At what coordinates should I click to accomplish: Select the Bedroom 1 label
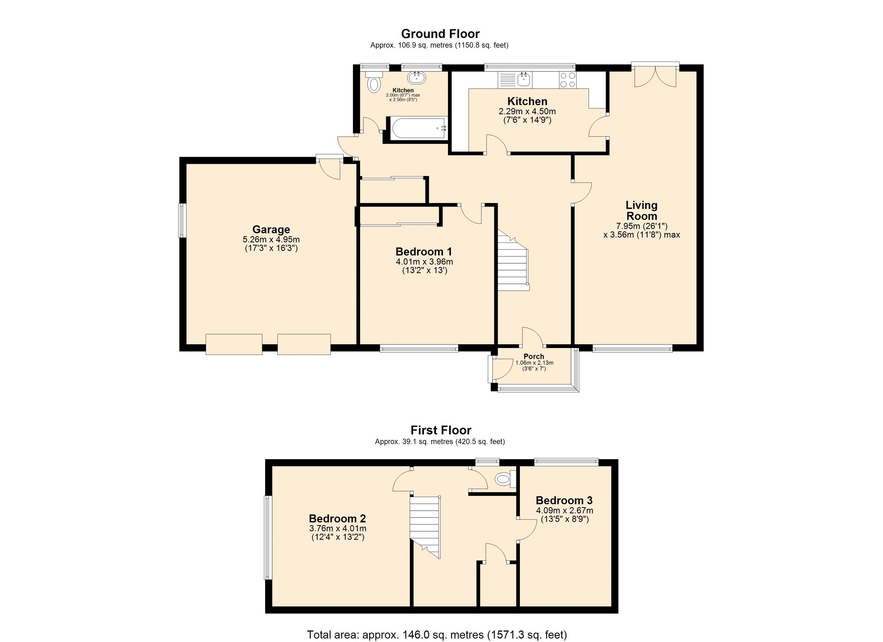424,251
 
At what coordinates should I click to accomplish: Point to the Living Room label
641,211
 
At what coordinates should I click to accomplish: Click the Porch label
534,356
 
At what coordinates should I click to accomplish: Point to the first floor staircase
425,526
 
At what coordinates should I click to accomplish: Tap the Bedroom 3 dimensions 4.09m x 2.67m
565,510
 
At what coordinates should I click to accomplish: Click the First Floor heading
441,430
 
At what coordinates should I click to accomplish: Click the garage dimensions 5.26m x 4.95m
271,239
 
